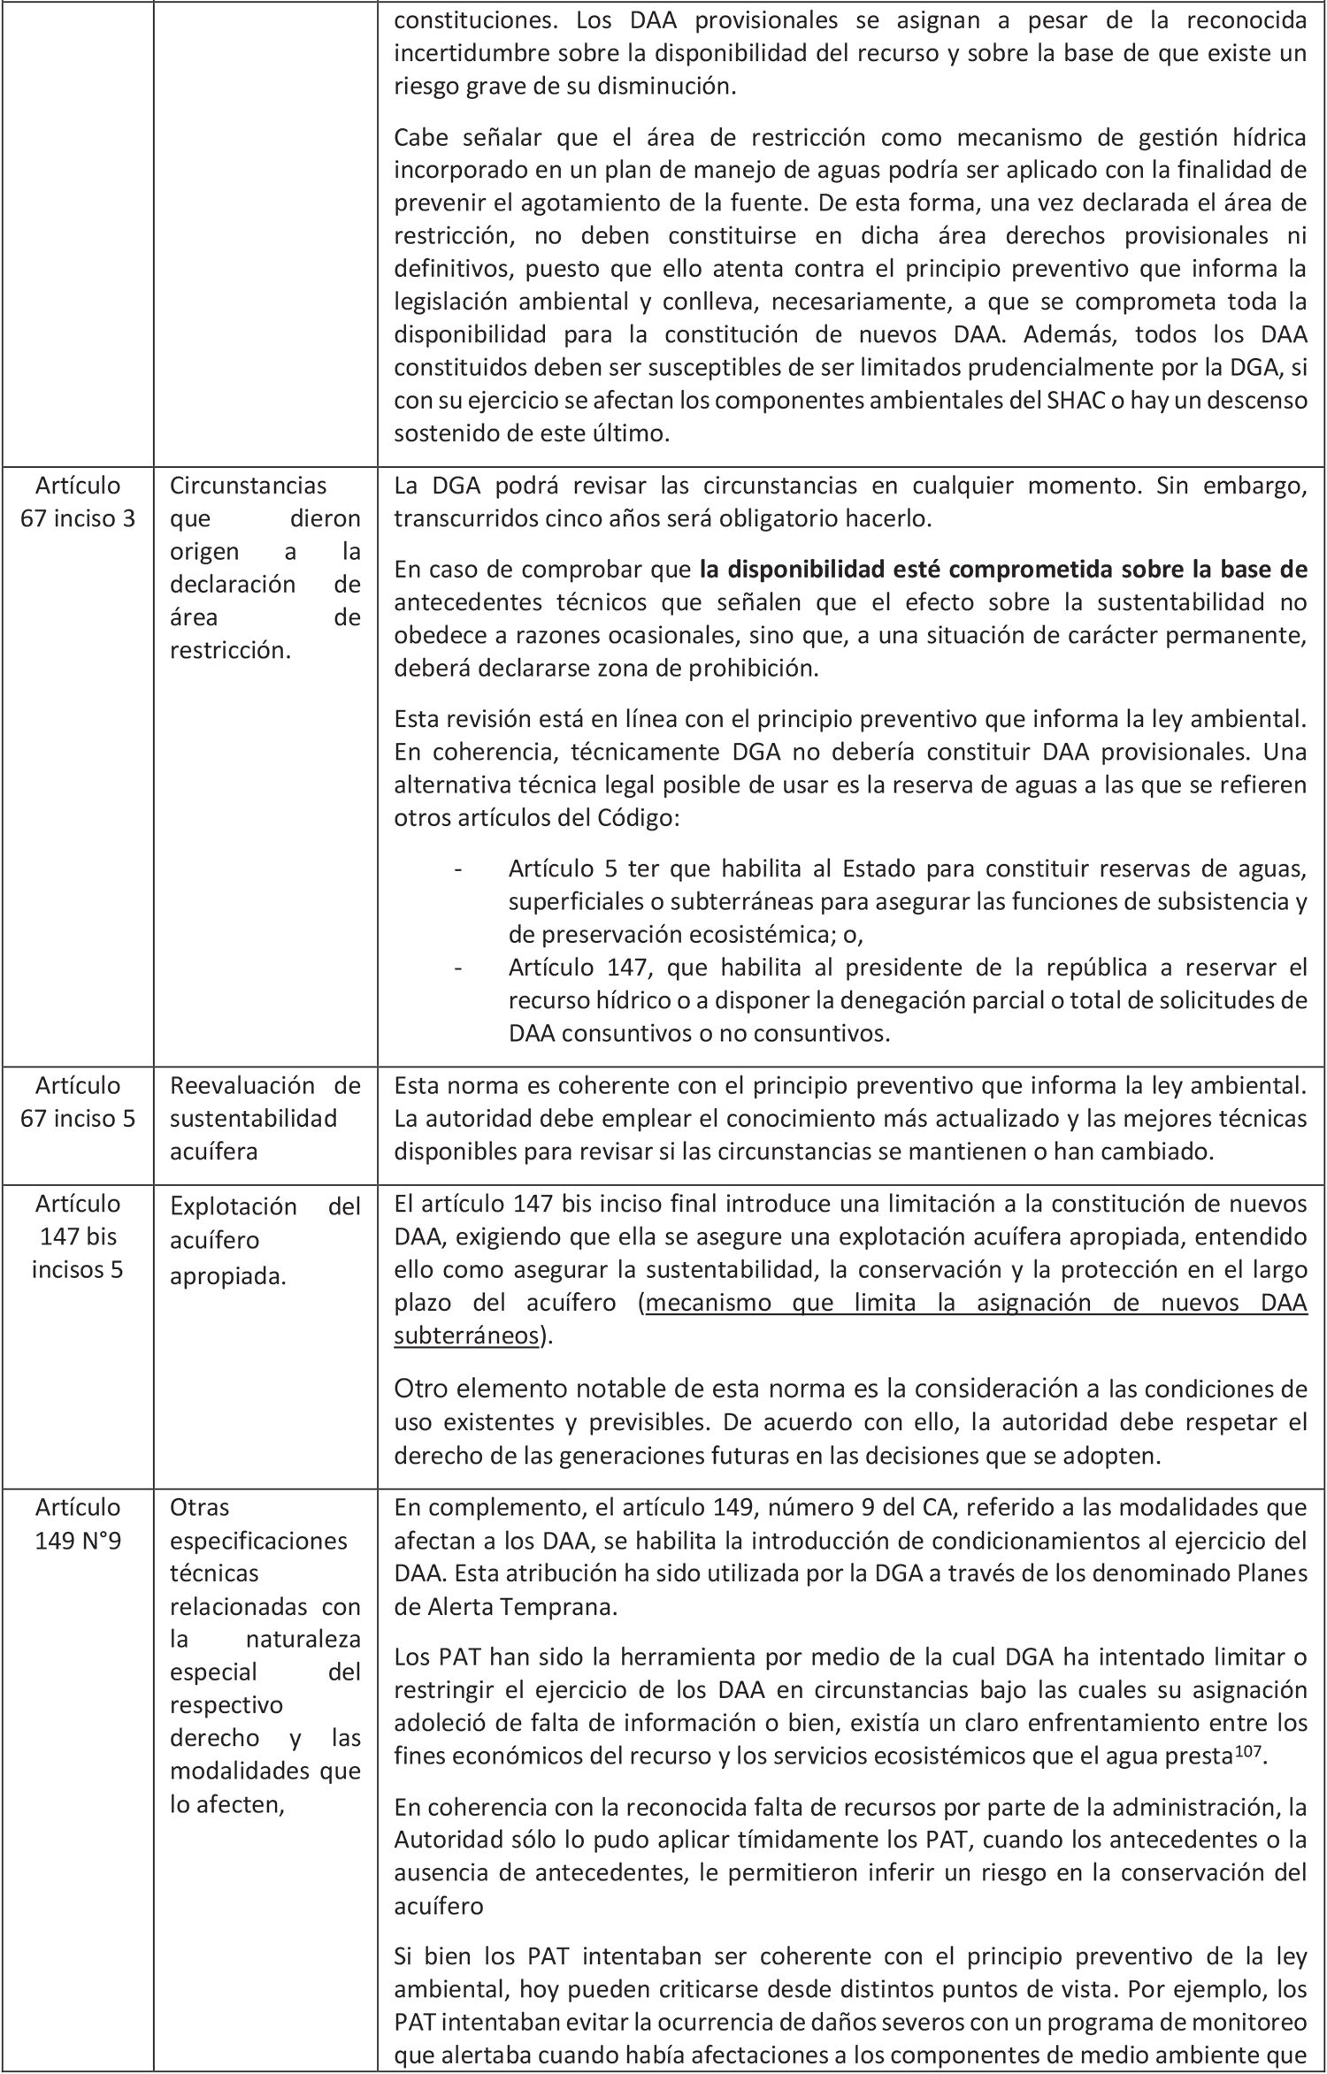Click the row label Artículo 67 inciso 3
[x=78, y=501]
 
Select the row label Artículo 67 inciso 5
[x=78, y=1102]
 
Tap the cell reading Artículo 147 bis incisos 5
[x=78, y=1236]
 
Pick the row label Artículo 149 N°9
[x=78, y=1523]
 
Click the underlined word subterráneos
[x=465, y=1335]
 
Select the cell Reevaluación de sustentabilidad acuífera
[x=265, y=1118]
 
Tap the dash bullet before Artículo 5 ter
[x=457, y=869]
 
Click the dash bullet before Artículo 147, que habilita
[x=457, y=968]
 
